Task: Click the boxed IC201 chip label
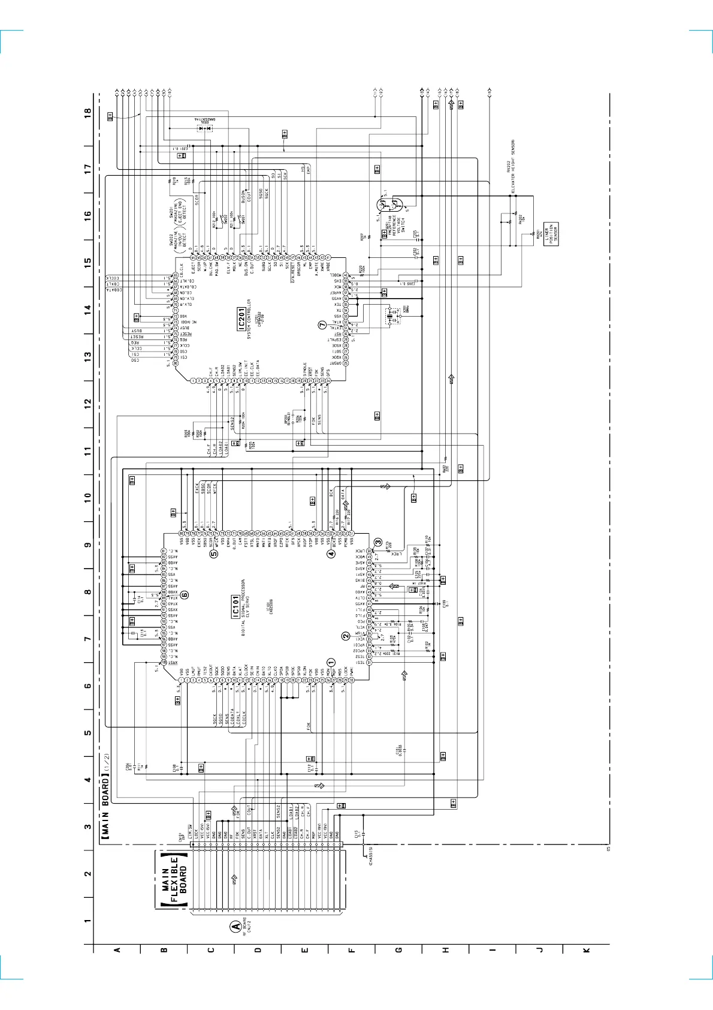(241, 320)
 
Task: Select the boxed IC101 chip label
(235, 607)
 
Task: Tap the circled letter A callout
(236, 926)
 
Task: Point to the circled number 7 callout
(322, 324)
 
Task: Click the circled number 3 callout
(378, 542)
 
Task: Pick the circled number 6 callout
(185, 595)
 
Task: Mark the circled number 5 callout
(214, 554)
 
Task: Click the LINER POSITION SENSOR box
(551, 233)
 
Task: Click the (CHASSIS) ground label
(371, 857)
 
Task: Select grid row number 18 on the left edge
(88, 112)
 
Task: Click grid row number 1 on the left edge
(88, 921)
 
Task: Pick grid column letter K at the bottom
(587, 949)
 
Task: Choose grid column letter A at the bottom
(117, 949)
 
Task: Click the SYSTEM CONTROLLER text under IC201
(249, 320)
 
